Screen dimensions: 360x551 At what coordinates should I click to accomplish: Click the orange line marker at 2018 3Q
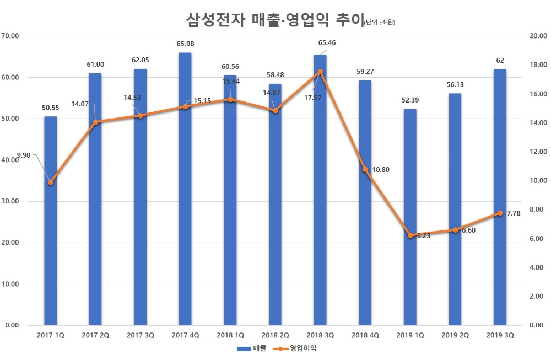pos(320,71)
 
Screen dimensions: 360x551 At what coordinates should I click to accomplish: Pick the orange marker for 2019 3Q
pos(500,213)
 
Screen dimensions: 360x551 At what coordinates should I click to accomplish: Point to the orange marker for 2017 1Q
pos(51,182)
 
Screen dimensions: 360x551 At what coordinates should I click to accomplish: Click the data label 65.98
pos(186,44)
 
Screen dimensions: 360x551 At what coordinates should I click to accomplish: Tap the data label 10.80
pos(380,170)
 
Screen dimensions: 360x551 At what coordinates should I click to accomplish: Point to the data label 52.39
pos(410,100)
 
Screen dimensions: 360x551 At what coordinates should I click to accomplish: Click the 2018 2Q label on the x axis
pos(275,335)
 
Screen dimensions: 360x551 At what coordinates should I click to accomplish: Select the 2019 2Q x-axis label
pos(455,335)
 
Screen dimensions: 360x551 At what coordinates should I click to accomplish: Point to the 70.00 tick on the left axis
pos(11,36)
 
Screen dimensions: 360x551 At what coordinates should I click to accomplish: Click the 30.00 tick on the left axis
pos(11,201)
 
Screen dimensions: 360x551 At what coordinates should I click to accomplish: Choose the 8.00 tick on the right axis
pos(537,209)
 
